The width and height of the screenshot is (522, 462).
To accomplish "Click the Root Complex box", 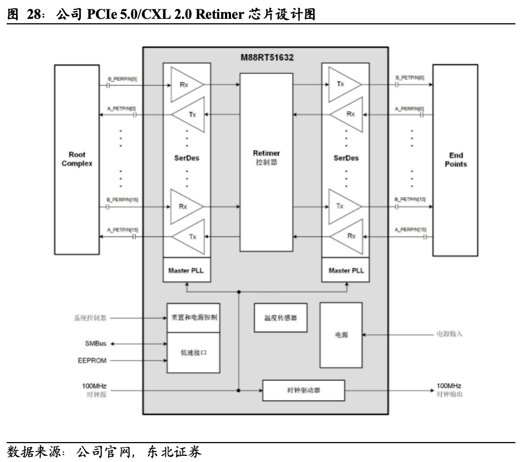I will [x=77, y=159].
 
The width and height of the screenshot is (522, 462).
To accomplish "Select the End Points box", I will [x=456, y=160].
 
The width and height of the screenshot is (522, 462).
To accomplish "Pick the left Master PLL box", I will [x=187, y=270].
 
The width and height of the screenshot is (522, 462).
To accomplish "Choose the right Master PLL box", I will [x=346, y=270].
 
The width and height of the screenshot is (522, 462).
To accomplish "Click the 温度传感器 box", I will [x=280, y=318].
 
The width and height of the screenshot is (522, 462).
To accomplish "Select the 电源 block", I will [x=341, y=335].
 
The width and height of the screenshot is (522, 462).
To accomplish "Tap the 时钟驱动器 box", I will [x=304, y=391].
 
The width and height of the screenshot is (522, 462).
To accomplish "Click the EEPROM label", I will [x=92, y=361].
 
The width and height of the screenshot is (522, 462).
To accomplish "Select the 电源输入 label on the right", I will [x=448, y=335].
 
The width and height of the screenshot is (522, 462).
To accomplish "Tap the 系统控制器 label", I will [x=90, y=319].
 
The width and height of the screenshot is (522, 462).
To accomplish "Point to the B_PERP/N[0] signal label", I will [x=122, y=78].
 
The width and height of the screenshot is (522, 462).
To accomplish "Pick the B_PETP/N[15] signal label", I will [x=410, y=199].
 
